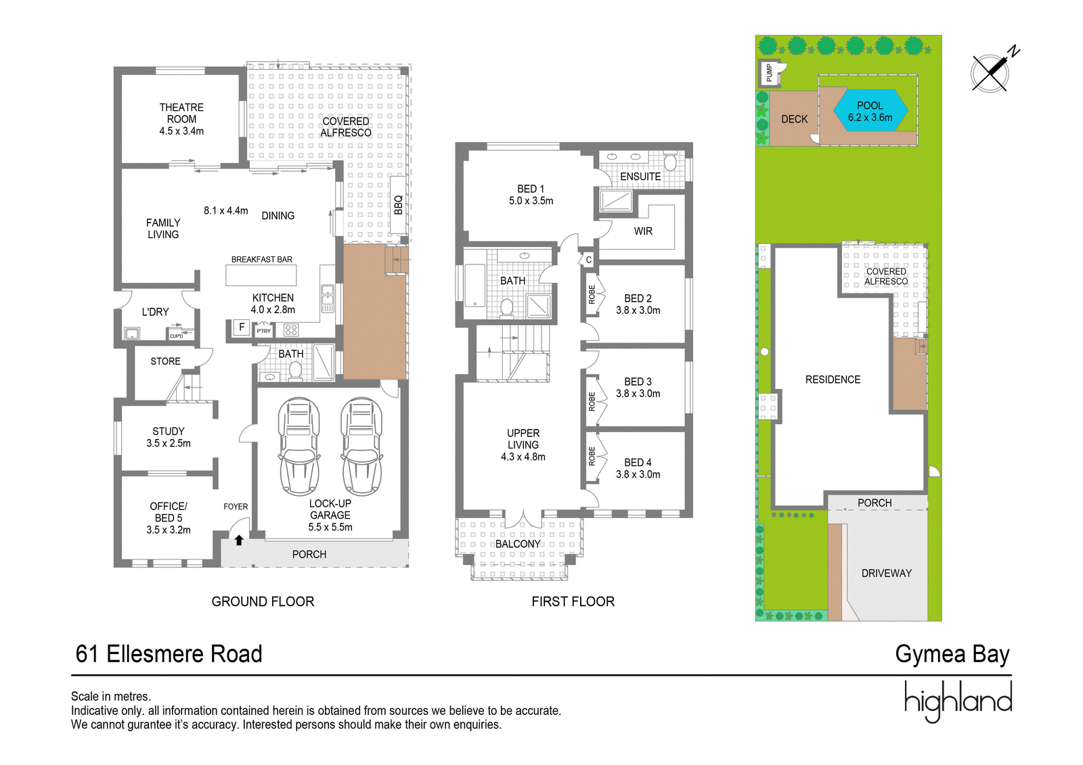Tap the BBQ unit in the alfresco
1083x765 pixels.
pos(398,204)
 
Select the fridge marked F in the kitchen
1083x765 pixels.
pos(241,327)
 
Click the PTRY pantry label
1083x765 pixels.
pos(263,331)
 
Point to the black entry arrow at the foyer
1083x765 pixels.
pos(239,540)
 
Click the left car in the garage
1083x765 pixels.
pos(299,446)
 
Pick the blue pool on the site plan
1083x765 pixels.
pos(870,110)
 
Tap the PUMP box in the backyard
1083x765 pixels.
pos(769,73)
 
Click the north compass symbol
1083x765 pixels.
pos(994,72)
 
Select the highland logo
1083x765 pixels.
pos(958,701)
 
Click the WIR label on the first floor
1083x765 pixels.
pos(643,231)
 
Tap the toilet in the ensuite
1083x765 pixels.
pos(670,162)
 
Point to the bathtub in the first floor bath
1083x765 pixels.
pos(474,285)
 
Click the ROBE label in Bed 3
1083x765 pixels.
pos(592,401)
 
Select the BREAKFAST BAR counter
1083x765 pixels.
pos(261,275)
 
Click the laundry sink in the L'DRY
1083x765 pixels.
pos(131,333)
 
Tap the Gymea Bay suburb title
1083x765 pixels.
pos(952,654)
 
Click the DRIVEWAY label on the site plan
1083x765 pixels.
pos(886,573)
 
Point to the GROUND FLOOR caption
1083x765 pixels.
pos(263,601)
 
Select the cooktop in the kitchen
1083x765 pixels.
pos(291,330)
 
